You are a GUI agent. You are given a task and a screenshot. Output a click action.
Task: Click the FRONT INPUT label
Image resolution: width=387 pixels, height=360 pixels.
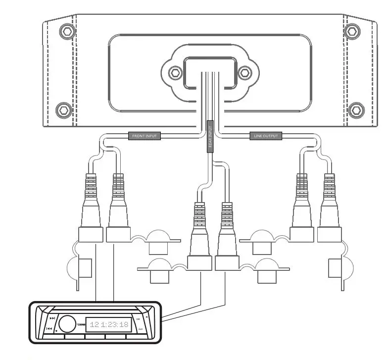145,135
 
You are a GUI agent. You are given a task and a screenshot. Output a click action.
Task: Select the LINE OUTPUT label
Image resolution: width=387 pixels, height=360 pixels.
265,136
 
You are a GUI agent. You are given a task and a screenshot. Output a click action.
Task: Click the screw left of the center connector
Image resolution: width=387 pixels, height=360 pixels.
174,73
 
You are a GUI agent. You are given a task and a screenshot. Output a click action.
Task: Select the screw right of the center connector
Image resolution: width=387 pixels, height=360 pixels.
244,73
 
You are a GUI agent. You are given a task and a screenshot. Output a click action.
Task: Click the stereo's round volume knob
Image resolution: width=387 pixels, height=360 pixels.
68,323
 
